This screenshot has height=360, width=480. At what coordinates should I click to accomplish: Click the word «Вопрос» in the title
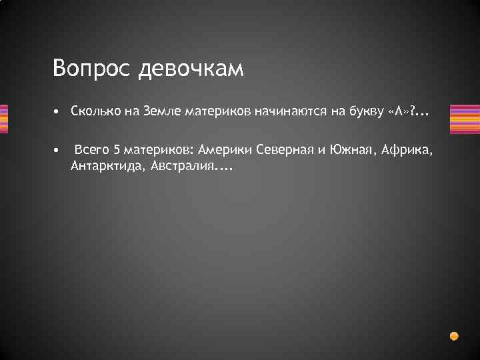click(x=93, y=69)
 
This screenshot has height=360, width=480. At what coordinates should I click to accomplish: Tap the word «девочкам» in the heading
click(x=191, y=69)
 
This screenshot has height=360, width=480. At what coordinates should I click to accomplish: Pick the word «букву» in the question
click(x=365, y=113)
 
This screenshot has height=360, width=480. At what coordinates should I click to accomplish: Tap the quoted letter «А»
click(x=398, y=113)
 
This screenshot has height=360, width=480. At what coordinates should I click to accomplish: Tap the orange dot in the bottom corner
click(x=454, y=335)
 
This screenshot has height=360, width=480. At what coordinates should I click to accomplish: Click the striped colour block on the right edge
click(x=465, y=119)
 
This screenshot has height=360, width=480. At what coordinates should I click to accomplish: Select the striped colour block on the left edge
click(x=4, y=119)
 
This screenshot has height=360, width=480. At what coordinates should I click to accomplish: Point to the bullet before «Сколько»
click(x=58, y=113)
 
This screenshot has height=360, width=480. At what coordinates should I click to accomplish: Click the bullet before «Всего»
click(x=58, y=150)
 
